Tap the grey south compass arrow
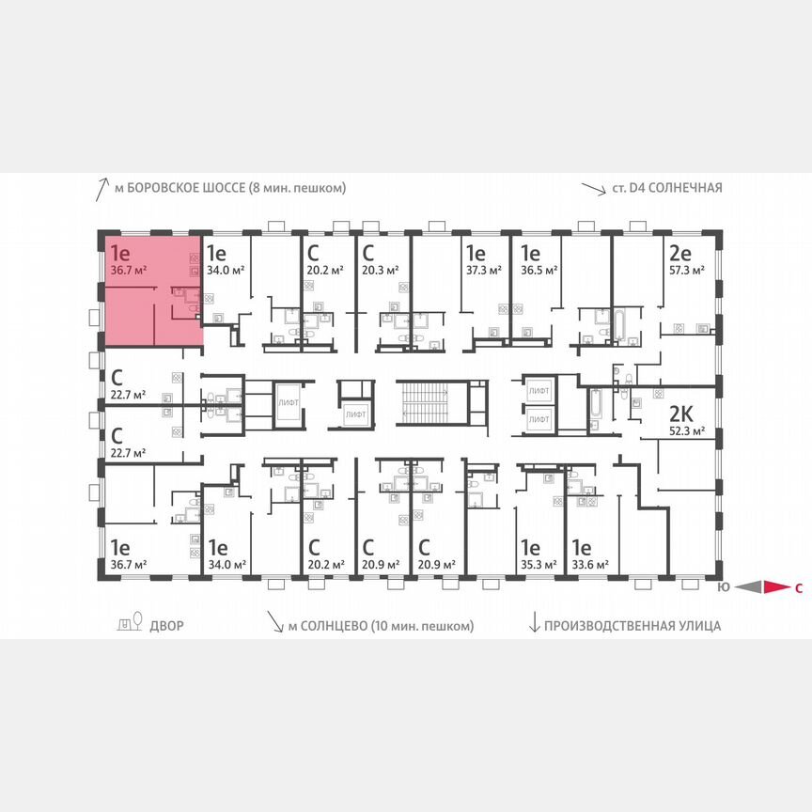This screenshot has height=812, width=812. pyautogui.click(x=748, y=587)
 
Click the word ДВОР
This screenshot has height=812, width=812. pyautogui.click(x=166, y=625)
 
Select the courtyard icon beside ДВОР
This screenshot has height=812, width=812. pyautogui.click(x=128, y=623)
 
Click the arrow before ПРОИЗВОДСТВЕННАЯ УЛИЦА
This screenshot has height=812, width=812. pyautogui.click(x=535, y=623)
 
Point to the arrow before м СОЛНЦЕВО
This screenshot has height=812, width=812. pyautogui.click(x=274, y=623)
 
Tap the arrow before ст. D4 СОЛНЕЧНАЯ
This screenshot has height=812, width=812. pyautogui.click(x=592, y=188)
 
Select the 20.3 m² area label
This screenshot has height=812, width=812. pyautogui.click(x=380, y=269)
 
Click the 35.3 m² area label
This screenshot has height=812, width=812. pyautogui.click(x=536, y=565)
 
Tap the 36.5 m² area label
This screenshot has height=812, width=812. pyautogui.click(x=535, y=269)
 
